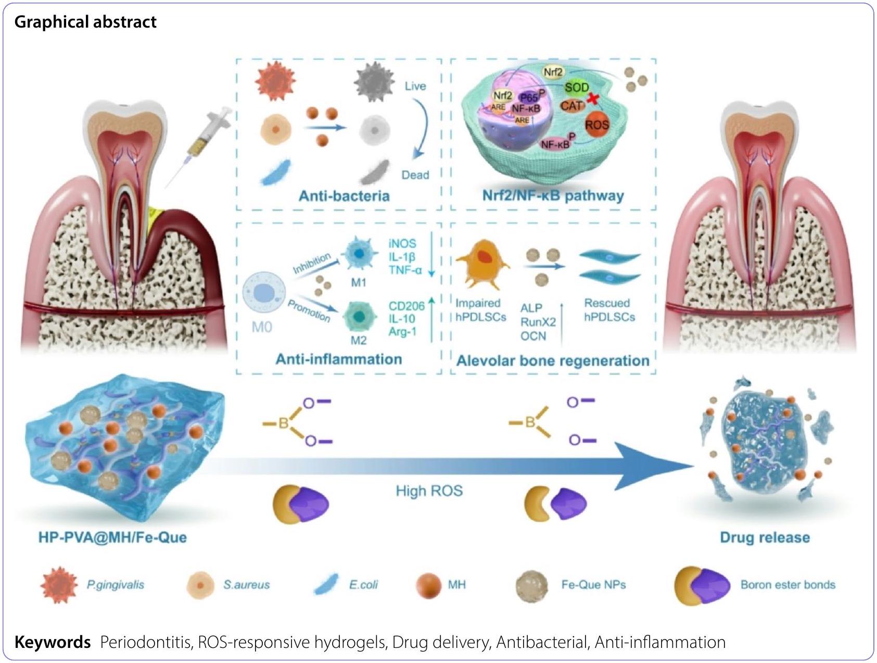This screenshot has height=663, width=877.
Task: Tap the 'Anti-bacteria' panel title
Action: click(x=344, y=196)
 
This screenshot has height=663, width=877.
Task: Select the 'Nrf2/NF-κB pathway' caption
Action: click(x=553, y=196)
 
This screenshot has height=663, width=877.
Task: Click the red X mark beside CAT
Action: click(x=592, y=98)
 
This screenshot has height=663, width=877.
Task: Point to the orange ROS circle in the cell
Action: click(x=596, y=125)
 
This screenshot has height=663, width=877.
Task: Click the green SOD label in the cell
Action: click(x=577, y=87)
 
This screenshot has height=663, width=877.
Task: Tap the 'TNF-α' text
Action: click(x=405, y=270)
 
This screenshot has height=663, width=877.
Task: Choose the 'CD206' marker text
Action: click(x=406, y=306)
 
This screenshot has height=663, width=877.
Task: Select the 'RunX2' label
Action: click(x=538, y=322)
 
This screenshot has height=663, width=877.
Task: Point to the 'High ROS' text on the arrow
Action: click(x=429, y=491)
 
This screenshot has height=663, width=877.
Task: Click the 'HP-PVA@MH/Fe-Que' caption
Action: click(x=112, y=537)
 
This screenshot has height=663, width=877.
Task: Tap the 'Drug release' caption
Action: click(x=765, y=537)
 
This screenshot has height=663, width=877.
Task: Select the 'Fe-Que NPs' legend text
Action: click(x=593, y=585)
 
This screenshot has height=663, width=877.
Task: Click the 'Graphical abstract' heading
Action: click(x=85, y=22)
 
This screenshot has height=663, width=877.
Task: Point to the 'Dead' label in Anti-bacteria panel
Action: click(x=415, y=175)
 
